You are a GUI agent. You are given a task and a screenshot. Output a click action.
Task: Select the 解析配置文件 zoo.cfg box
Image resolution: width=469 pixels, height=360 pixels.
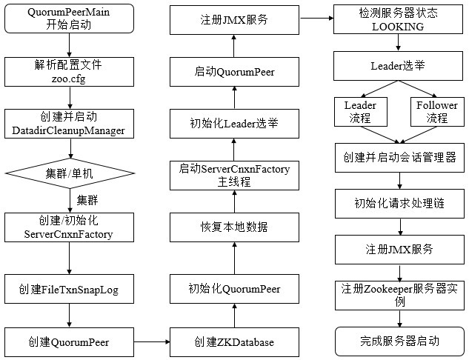pos(69,72)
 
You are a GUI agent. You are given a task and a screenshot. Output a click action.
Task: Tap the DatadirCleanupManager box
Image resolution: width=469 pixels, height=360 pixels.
pos(69,123)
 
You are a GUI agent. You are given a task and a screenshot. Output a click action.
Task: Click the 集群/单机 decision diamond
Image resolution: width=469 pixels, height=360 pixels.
pos(69,173)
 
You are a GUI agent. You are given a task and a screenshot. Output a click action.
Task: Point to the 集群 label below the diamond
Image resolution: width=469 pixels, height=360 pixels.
pos(88,200)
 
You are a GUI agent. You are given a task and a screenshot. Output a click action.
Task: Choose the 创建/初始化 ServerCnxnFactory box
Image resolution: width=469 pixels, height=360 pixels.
pos(69,228)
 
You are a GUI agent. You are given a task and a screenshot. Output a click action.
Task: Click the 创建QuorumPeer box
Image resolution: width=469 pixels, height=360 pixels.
pos(69,341)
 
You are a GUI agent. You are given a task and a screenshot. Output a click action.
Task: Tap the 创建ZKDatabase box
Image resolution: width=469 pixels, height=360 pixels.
pos(233,341)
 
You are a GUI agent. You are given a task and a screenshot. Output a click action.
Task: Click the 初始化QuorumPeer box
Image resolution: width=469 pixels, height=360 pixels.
pos(233,290)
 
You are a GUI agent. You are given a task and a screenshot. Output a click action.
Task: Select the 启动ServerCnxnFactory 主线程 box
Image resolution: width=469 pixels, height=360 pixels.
pos(233,175)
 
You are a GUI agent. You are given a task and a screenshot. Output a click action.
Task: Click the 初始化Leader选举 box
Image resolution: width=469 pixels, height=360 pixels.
pos(233,122)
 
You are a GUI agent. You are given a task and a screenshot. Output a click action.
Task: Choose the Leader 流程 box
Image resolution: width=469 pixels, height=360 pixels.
pos(361,110)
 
